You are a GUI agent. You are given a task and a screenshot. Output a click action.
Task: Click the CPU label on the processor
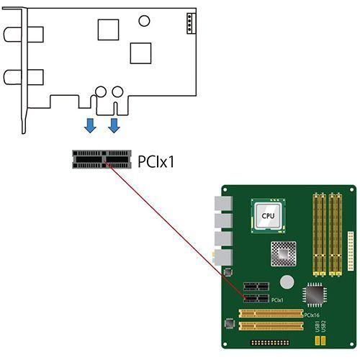point(268,215)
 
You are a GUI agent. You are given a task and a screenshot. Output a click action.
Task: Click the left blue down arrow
point(89,126)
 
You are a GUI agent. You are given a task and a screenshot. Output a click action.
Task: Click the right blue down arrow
point(114,126)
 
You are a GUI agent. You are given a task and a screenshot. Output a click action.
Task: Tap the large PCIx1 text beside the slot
point(156,160)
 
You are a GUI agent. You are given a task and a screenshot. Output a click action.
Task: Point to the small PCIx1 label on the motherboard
point(277,299)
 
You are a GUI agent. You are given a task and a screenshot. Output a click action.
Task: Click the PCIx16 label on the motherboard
point(312,315)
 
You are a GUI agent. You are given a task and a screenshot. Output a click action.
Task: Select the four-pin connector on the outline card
point(189,23)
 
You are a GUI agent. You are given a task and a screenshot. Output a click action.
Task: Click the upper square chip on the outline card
point(108,29)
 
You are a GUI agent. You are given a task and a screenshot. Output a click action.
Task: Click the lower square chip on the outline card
point(140,53)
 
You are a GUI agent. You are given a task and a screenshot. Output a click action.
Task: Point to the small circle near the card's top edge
point(146,21)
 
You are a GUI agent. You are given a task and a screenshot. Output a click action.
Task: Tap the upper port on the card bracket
point(14,33)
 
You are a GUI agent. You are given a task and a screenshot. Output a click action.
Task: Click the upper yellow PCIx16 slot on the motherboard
point(271,313)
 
